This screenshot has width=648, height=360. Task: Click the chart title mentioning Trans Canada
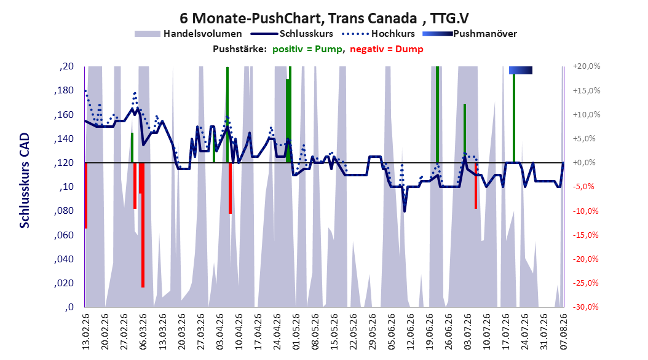(x=324, y=18)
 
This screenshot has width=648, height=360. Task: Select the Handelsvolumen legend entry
(x=188, y=34)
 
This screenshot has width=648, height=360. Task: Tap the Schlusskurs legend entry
(x=292, y=34)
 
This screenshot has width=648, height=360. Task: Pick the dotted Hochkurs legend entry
(x=378, y=34)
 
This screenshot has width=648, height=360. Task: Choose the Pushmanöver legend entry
(x=470, y=34)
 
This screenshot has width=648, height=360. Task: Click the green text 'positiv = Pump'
(x=307, y=49)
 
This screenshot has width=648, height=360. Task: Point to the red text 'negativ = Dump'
(x=387, y=49)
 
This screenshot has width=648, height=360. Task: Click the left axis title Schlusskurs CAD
(x=25, y=180)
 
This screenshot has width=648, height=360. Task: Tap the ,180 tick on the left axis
(x=64, y=90)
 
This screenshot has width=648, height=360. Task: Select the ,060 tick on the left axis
(x=64, y=235)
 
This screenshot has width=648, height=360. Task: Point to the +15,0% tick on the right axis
(x=587, y=90)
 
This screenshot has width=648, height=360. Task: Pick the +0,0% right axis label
(x=584, y=163)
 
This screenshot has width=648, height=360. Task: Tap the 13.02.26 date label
(x=86, y=331)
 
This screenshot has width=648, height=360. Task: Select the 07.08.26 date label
(x=563, y=331)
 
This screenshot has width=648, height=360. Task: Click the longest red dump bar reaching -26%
(x=143, y=225)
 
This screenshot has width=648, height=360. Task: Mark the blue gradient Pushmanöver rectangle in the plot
(x=521, y=70)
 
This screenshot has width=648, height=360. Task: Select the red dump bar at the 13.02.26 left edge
(x=86, y=195)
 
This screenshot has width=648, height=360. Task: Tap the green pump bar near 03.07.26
(x=465, y=133)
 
